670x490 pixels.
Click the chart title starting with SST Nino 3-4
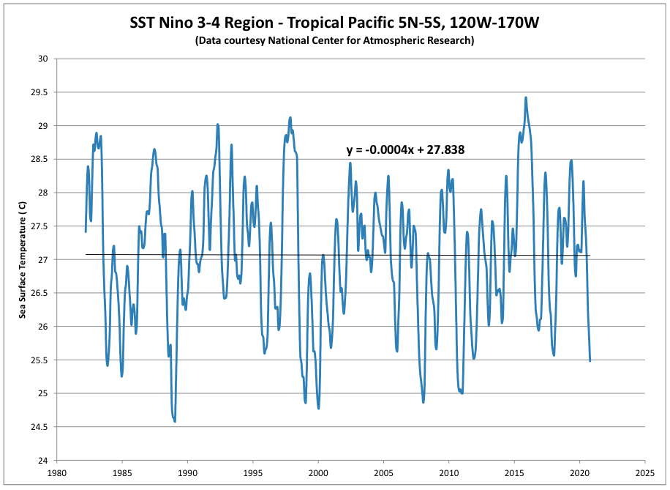(x=334, y=22)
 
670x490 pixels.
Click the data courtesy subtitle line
(x=334, y=41)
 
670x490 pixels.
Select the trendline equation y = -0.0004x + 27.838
(x=406, y=150)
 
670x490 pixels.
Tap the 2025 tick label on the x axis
(x=645, y=472)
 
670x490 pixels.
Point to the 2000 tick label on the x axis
(x=318, y=472)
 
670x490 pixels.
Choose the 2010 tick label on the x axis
(x=449, y=472)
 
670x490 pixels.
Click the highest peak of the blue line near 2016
(x=525, y=97)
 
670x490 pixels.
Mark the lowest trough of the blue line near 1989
(x=175, y=421)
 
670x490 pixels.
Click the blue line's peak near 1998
(x=290, y=117)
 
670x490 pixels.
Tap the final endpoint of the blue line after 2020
(x=590, y=360)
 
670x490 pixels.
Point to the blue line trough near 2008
(x=424, y=402)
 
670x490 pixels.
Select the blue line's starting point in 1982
(x=86, y=231)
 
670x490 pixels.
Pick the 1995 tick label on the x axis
(x=253, y=472)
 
